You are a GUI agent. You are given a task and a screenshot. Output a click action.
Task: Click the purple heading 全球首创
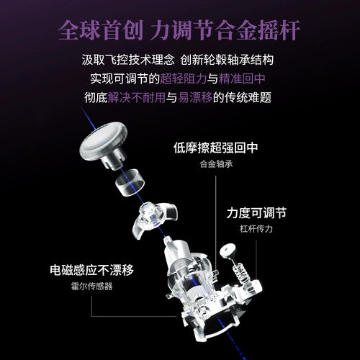(x=101, y=30)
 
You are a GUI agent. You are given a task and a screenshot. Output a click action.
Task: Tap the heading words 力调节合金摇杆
(x=225, y=30)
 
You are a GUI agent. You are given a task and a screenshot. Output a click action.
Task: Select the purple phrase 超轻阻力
(x=184, y=78)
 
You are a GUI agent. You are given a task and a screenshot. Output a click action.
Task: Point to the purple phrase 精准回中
(x=242, y=78)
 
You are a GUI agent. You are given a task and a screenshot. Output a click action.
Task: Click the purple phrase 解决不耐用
(x=137, y=97)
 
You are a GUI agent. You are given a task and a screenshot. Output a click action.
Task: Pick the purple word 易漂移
(x=195, y=97)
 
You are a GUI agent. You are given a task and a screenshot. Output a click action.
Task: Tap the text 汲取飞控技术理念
(x=128, y=60)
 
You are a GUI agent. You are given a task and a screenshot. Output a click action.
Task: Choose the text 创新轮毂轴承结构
(x=227, y=60)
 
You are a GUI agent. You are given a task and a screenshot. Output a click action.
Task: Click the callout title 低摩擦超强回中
(x=216, y=148)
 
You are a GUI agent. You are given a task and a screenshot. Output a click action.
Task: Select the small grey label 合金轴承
(x=216, y=164)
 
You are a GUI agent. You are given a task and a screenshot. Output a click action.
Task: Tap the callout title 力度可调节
(x=256, y=213)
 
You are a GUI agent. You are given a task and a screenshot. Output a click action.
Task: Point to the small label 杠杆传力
(x=256, y=229)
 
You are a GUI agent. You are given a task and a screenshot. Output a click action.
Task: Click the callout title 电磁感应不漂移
(x=91, y=270)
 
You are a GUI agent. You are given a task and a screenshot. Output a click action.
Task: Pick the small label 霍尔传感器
(x=91, y=286)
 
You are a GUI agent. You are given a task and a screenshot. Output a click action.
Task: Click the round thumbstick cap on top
(x=104, y=145)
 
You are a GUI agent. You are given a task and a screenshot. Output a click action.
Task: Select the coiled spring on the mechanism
(x=240, y=274)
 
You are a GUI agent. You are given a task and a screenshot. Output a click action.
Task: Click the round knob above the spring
(x=228, y=251)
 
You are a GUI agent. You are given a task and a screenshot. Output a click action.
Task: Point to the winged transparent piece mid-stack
(x=155, y=219)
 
